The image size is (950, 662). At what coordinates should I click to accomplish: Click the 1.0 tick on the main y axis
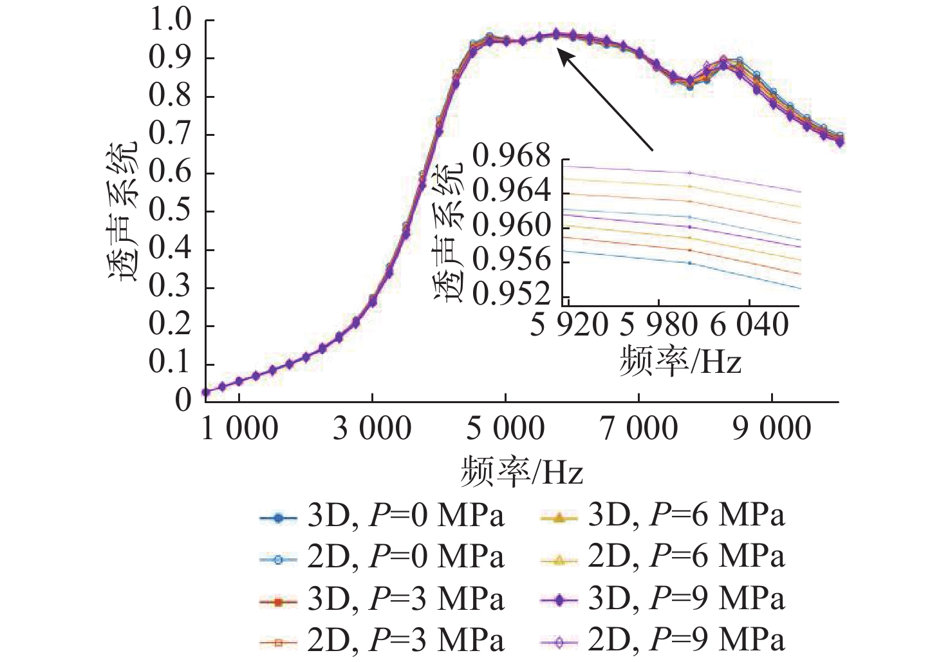[x=171, y=20]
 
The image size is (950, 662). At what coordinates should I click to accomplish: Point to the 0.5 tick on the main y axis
[x=171, y=211]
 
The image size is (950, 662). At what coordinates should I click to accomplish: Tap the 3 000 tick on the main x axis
[x=372, y=429]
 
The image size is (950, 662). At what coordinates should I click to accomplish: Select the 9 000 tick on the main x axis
[x=772, y=429]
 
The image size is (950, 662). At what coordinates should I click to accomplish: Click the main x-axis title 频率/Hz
[x=521, y=472]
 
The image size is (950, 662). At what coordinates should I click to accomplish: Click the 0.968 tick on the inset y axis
[x=512, y=157]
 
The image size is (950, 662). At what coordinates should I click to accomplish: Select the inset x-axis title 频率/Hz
[x=680, y=362]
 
